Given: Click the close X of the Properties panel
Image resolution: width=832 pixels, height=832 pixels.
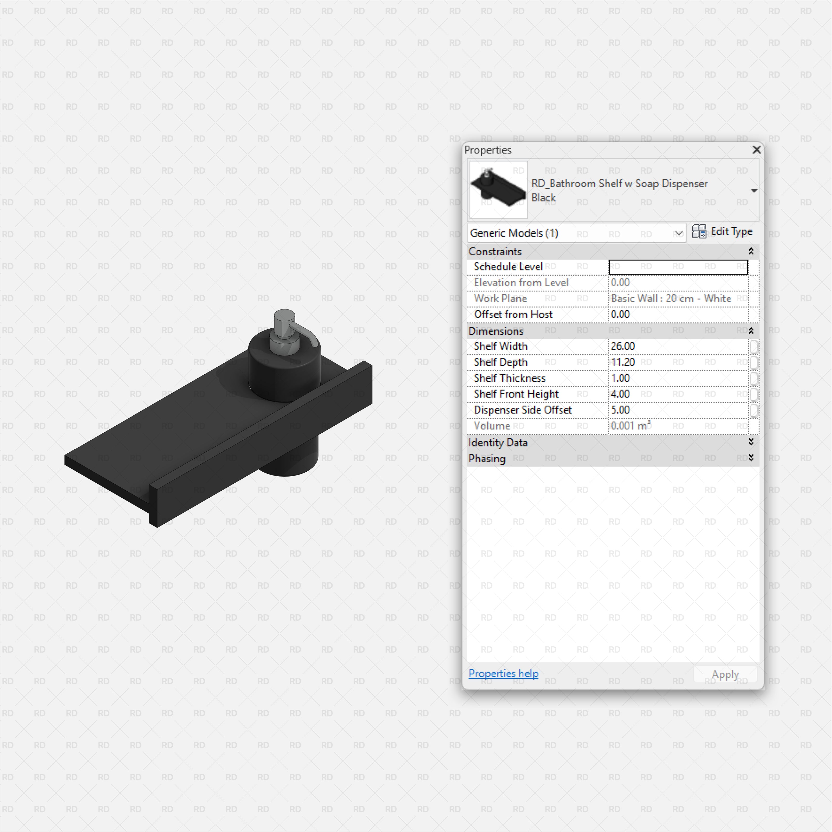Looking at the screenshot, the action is [757, 149].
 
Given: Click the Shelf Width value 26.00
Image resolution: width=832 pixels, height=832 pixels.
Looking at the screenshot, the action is [623, 346].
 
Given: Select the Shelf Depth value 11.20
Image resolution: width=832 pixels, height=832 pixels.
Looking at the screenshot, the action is [623, 362].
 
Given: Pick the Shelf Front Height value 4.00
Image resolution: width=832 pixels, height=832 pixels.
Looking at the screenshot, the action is [620, 394].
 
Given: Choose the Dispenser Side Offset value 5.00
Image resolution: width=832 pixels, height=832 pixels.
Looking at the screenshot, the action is [620, 410].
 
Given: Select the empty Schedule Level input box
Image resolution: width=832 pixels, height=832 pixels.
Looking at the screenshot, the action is [678, 267].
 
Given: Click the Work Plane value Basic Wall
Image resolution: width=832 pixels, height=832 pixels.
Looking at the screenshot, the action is [671, 298].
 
